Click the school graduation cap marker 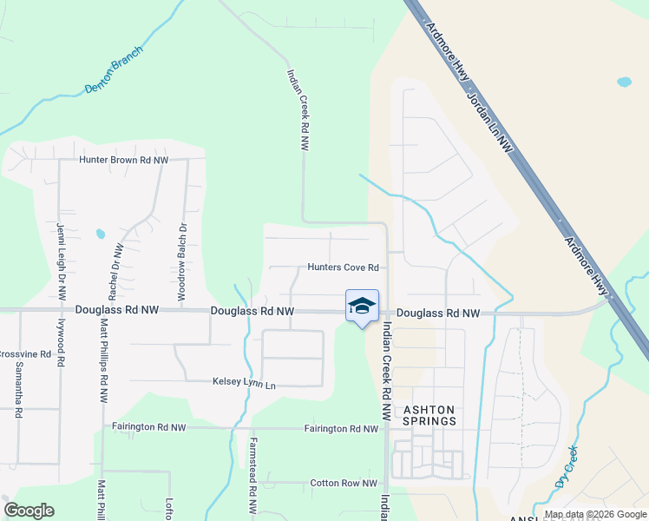[362, 306]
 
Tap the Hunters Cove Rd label [344, 267]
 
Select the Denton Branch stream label [114, 76]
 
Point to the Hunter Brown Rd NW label [123, 161]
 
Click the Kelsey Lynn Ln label [244, 383]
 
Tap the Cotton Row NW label [344, 484]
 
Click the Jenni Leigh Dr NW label [61, 260]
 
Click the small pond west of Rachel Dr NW [100, 234]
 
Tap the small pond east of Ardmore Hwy [624, 83]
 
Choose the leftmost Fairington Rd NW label [149, 427]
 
